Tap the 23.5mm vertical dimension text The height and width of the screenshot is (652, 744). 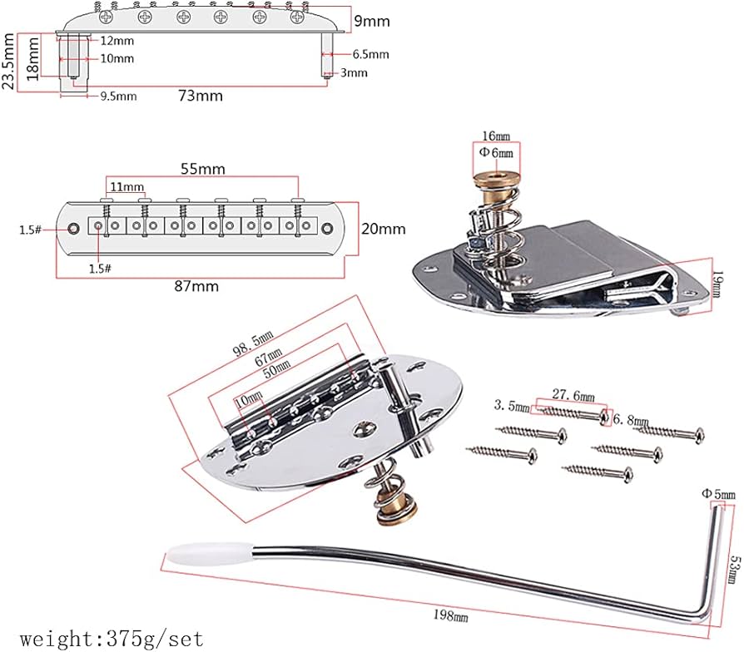pyautogui.click(x=8, y=62)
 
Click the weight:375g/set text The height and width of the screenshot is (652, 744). pyautogui.click(x=112, y=640)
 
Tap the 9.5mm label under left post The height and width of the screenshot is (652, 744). pyautogui.click(x=118, y=96)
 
